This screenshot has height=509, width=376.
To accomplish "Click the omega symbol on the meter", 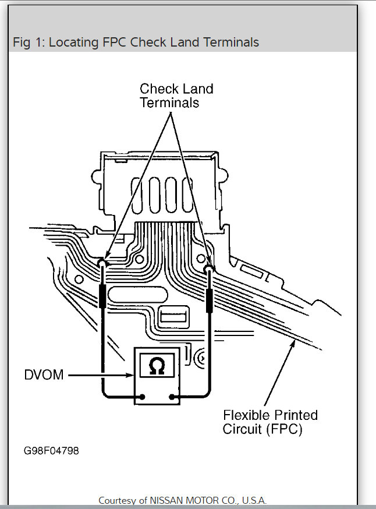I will tap(156, 367).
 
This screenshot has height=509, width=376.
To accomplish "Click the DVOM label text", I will tap(44, 375).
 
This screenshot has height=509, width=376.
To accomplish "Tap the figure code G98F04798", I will tap(51, 451).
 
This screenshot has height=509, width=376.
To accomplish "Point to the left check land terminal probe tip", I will tap(102, 264).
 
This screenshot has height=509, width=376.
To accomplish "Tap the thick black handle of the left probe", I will tap(102, 297).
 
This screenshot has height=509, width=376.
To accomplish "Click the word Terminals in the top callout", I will tap(169, 102).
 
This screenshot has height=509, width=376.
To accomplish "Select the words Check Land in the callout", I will tap(176, 89).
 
